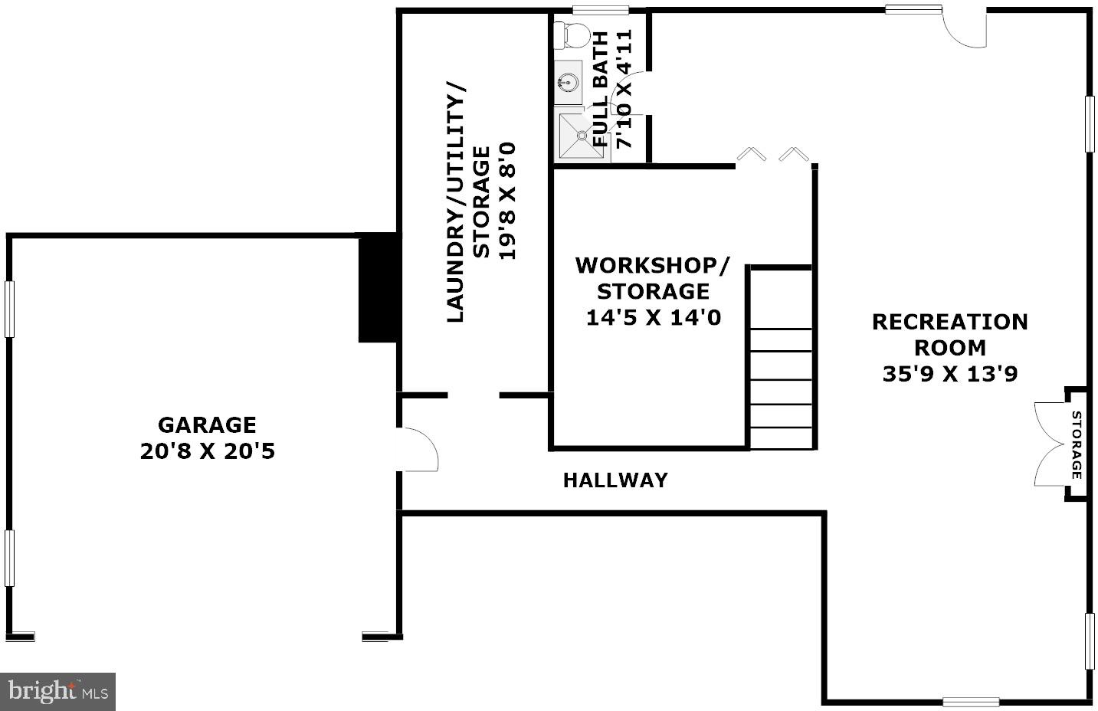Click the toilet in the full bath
[572, 34]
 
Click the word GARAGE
[207, 424]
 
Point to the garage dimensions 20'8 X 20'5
[207, 451]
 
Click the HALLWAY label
[615, 480]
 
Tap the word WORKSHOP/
[653, 265]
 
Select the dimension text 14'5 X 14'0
[653, 317]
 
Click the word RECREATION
[950, 322]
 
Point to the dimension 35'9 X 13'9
[950, 374]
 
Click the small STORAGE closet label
[1077, 445]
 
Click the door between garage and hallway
[418, 450]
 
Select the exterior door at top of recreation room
[965, 27]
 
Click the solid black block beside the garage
[377, 288]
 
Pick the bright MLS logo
[57, 692]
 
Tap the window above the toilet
[600, 10]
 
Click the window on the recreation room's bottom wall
[970, 701]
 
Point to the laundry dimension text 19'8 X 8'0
[507, 201]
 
